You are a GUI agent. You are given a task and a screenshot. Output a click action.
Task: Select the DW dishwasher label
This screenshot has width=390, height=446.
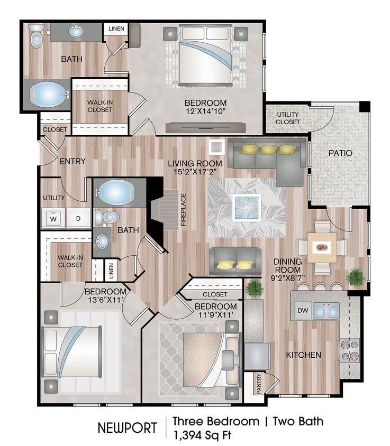pyautogui.click(x=302, y=311)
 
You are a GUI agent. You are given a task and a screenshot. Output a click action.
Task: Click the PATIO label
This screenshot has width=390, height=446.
pyautogui.click(x=340, y=153)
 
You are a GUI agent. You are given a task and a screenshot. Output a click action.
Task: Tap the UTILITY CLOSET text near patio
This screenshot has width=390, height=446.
pyautogui.click(x=288, y=118)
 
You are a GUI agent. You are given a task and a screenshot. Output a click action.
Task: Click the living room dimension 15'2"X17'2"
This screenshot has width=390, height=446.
pyautogui.click(x=195, y=172)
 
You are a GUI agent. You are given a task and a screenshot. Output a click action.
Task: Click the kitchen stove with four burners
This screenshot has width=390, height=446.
pyautogui.click(x=349, y=350)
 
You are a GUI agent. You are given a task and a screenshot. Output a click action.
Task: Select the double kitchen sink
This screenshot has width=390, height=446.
pyautogui.click(x=326, y=312)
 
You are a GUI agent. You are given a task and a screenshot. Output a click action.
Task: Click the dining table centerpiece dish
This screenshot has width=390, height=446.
pyautogui.click(x=321, y=247)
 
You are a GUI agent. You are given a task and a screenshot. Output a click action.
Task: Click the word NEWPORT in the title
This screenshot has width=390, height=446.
pyautogui.click(x=127, y=428)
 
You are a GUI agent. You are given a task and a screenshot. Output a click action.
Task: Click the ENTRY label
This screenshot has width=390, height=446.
pyautogui.click(x=72, y=161)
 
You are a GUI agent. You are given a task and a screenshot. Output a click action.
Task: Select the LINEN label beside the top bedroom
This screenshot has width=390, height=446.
pyautogui.click(x=116, y=29)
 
